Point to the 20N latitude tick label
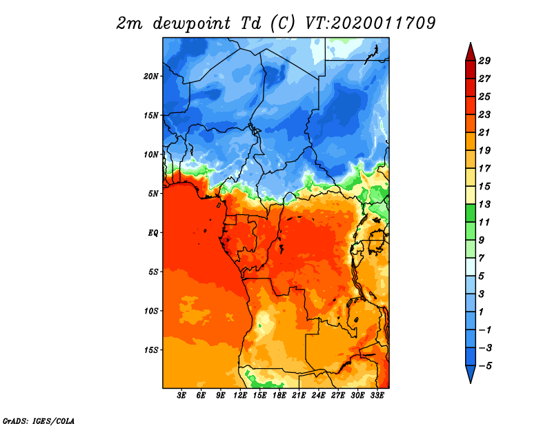[x=151, y=76]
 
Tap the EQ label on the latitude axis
[x=153, y=232]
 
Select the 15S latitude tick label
[x=151, y=349]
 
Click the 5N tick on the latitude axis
[x=153, y=193]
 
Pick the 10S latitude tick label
[x=151, y=311]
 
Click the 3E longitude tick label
[x=182, y=396]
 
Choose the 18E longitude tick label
[x=279, y=396]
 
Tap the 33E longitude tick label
[x=377, y=396]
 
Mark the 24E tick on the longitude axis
[x=318, y=396]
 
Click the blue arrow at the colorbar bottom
[x=470, y=374]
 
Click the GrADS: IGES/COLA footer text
[x=38, y=420]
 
